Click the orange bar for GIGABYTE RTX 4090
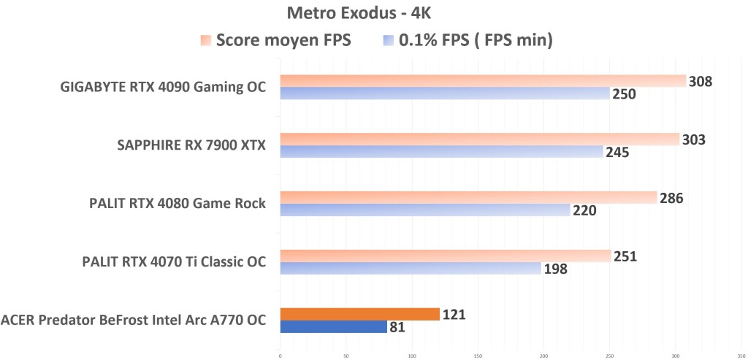coord(482,80)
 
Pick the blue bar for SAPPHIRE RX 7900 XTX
coord(441,152)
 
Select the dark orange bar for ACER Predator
coord(359,314)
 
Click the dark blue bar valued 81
coord(333,327)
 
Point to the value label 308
coord(701,81)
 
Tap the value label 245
coord(617,153)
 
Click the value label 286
coord(671,198)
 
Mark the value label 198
coord(555,269)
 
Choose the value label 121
coord(454,315)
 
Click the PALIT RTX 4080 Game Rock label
coord(174,203)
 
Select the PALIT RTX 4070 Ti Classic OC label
coord(173,261)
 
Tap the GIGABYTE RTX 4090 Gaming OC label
coord(162,88)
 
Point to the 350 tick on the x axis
coord(741,356)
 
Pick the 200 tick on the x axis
coord(543,356)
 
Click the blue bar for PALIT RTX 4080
coord(424,210)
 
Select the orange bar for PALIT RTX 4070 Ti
coord(445,256)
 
